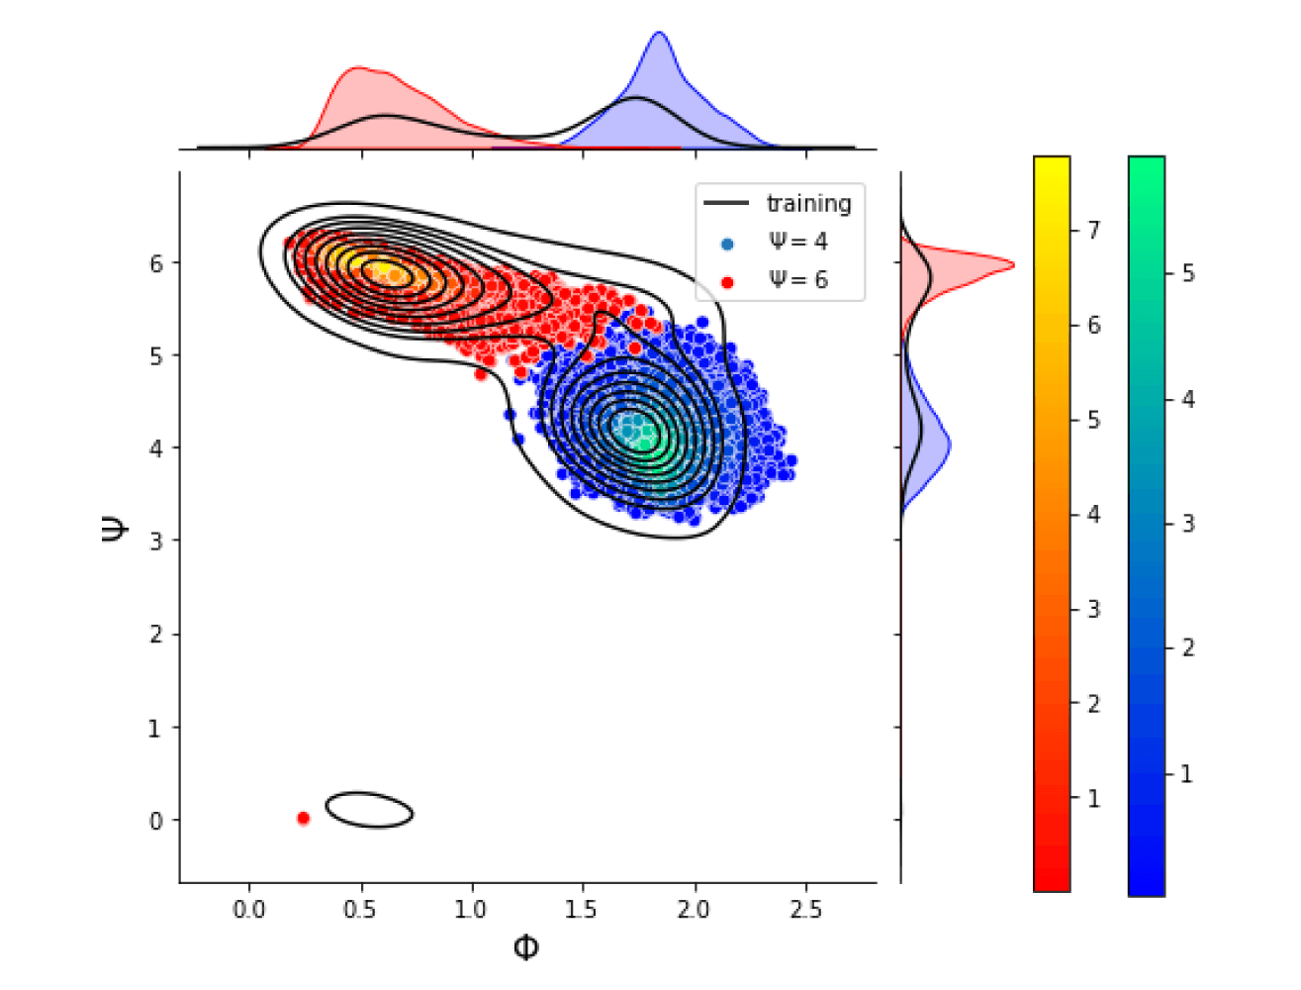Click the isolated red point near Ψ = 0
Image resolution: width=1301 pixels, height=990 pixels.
pyautogui.click(x=303, y=818)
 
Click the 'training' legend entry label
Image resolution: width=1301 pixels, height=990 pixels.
pyautogui.click(x=808, y=204)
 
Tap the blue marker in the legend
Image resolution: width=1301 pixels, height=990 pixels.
pyautogui.click(x=727, y=244)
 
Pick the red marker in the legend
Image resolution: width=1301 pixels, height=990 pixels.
pyautogui.click(x=727, y=282)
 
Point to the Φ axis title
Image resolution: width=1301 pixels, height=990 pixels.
pyautogui.click(x=526, y=948)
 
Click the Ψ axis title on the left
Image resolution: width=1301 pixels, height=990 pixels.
pyautogui.click(x=114, y=529)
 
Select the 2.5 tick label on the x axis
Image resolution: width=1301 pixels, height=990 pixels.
pyautogui.click(x=805, y=910)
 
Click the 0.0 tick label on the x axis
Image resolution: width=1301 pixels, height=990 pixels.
pyautogui.click(x=249, y=910)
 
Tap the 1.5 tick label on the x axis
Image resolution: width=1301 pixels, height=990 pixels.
pyautogui.click(x=582, y=910)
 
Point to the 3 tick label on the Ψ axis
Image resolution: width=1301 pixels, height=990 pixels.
pyautogui.click(x=156, y=542)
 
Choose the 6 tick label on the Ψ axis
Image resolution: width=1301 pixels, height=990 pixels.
pyautogui.click(x=156, y=263)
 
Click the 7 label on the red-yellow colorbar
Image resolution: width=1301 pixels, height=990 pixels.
pyautogui.click(x=1093, y=231)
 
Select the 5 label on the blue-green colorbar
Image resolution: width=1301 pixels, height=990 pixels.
pyautogui.click(x=1187, y=273)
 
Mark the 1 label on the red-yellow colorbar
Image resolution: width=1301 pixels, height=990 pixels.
pyautogui.click(x=1093, y=798)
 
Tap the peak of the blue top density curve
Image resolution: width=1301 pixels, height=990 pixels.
pyautogui.click(x=659, y=34)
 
